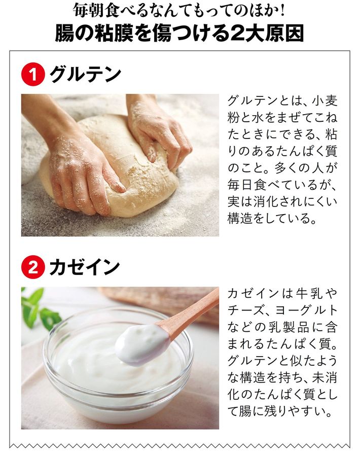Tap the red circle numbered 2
pyautogui.click(x=33, y=267)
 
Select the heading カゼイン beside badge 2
pyautogui.click(x=84, y=267)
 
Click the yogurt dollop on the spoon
pyautogui.click(x=142, y=344)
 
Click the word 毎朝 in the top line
pyautogui.click(x=85, y=11)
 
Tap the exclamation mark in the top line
pyautogui.click(x=282, y=11)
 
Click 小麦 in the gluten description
pyautogui.click(x=325, y=101)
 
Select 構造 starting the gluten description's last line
pyautogui.click(x=240, y=219)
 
